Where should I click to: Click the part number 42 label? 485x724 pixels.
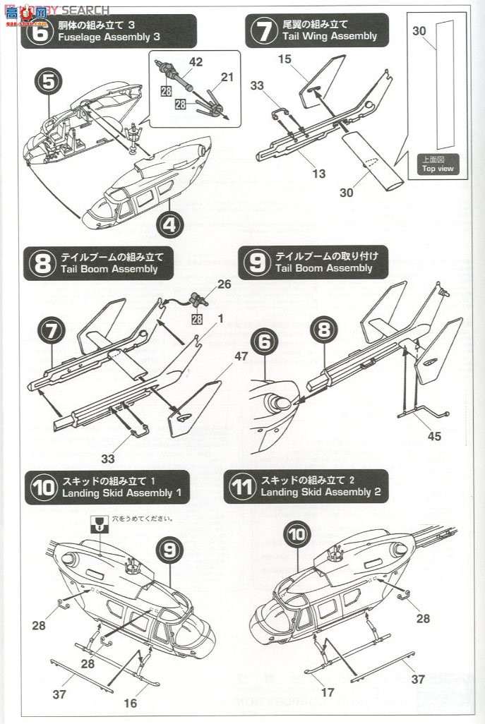coord(196,62)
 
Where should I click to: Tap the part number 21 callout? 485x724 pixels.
coord(226,77)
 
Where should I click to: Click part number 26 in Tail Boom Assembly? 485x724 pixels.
coord(224,285)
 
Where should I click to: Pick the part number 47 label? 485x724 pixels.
coord(241,356)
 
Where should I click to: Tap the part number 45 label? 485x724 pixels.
coord(433,436)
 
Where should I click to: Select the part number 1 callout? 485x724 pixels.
coord(220,318)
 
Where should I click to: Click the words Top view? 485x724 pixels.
coord(438,169)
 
